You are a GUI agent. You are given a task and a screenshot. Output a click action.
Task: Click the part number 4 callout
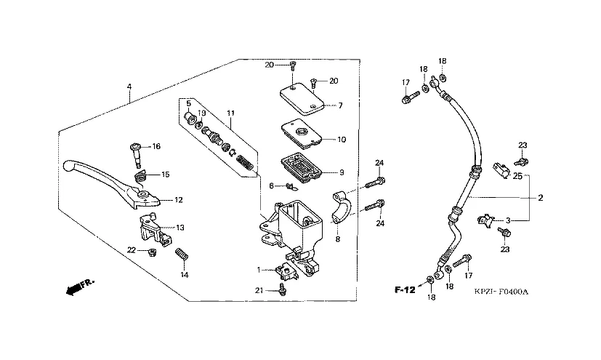tap(129, 87)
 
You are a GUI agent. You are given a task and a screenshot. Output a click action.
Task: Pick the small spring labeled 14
tap(183, 257)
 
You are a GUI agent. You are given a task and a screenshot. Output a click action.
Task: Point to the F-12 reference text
tap(405, 290)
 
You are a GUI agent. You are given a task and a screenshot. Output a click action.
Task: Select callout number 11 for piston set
tap(230, 113)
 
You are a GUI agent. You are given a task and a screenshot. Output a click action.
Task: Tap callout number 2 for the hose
tap(540, 197)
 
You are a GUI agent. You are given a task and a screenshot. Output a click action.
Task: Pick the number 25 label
tap(517, 176)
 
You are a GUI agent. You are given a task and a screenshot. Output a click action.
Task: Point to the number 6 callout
tap(271, 186)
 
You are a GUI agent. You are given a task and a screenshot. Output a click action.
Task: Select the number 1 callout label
tap(257, 271)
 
